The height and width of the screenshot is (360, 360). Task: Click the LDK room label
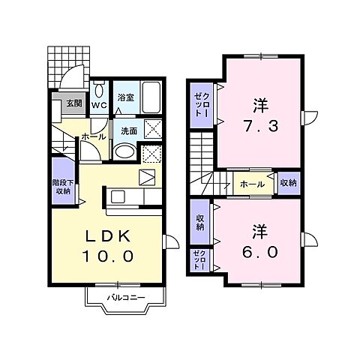(x=108, y=235)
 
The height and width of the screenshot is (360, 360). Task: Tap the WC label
(x=99, y=105)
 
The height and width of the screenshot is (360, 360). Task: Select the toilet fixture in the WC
(x=100, y=90)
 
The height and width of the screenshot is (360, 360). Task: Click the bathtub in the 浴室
(x=151, y=97)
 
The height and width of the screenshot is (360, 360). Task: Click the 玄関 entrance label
(x=74, y=103)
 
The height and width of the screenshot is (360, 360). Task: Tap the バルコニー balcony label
(x=126, y=298)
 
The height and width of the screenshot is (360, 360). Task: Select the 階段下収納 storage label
(x=63, y=187)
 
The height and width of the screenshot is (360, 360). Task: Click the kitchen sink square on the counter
(x=118, y=196)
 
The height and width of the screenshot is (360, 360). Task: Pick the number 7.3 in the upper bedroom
(x=260, y=126)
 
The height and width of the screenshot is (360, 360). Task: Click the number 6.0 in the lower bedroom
(x=260, y=252)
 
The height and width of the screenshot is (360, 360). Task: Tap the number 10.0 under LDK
(x=108, y=256)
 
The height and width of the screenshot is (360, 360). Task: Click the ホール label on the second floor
(x=252, y=184)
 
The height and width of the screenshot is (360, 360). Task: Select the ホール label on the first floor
(x=94, y=136)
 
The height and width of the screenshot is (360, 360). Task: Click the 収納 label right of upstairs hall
(x=289, y=183)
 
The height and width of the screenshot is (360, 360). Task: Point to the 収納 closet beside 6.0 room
(x=200, y=223)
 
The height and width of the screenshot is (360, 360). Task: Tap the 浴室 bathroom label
(x=126, y=97)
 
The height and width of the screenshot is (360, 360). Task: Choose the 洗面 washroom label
(x=129, y=131)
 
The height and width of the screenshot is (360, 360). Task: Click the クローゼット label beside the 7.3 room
(x=202, y=104)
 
